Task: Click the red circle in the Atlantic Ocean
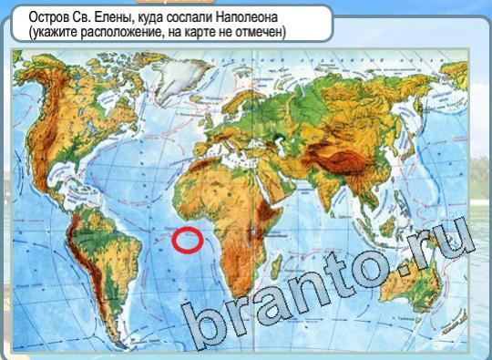[x=188, y=240]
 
